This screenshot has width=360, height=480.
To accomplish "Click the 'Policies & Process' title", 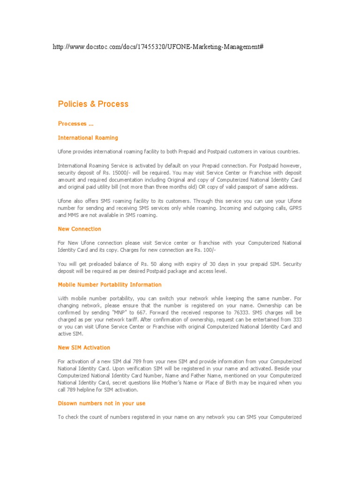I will [93, 104].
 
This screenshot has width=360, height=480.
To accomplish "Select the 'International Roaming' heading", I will [88, 138].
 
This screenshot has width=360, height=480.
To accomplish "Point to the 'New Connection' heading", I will [79, 229].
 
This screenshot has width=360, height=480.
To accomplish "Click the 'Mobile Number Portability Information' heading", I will [109, 285].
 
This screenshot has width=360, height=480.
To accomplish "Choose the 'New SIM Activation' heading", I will [84, 347].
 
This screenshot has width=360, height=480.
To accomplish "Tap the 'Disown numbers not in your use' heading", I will [102, 403].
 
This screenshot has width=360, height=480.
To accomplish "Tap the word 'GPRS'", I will [293, 208].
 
